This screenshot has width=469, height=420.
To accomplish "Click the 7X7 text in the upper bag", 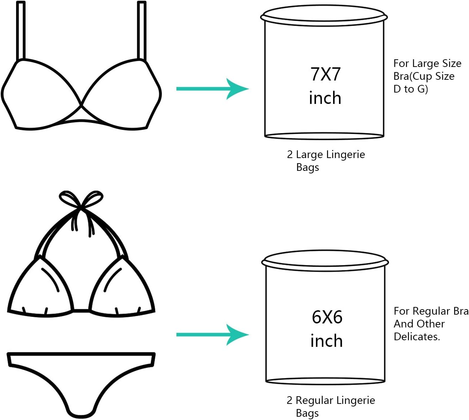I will (x=325, y=74).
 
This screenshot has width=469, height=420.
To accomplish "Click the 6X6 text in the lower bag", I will (x=327, y=317).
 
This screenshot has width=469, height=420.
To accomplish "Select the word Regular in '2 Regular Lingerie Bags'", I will (x=314, y=401).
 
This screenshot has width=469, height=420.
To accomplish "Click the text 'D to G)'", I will (x=411, y=89).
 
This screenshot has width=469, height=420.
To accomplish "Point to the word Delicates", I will (x=416, y=337).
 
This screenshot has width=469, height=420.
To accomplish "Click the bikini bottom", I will (x=81, y=380).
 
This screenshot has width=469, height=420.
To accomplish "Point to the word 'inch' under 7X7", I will (x=325, y=98).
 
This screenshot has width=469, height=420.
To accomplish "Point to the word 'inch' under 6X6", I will (x=327, y=341).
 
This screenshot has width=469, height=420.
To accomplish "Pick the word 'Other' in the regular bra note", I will (x=432, y=324).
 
